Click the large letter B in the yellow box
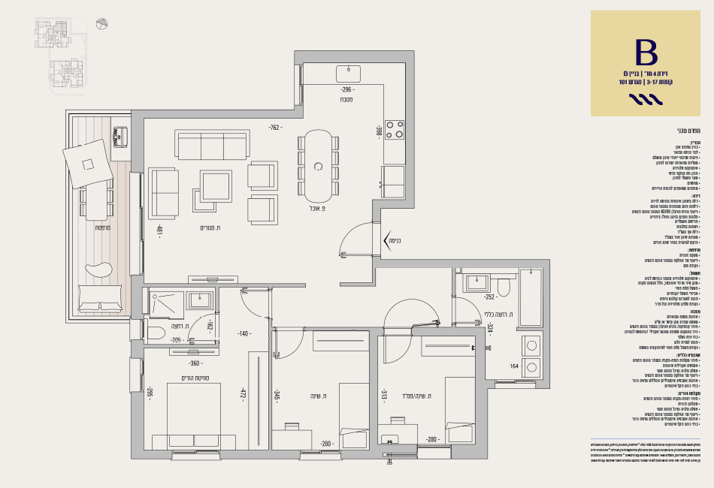646,52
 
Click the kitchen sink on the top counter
348,74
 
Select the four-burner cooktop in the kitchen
394,129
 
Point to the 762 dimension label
275,128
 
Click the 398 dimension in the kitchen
379,131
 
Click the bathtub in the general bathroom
531,297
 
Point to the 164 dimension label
514,366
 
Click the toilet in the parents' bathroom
156,332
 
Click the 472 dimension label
243,395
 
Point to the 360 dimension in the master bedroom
194,363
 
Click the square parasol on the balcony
88,164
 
